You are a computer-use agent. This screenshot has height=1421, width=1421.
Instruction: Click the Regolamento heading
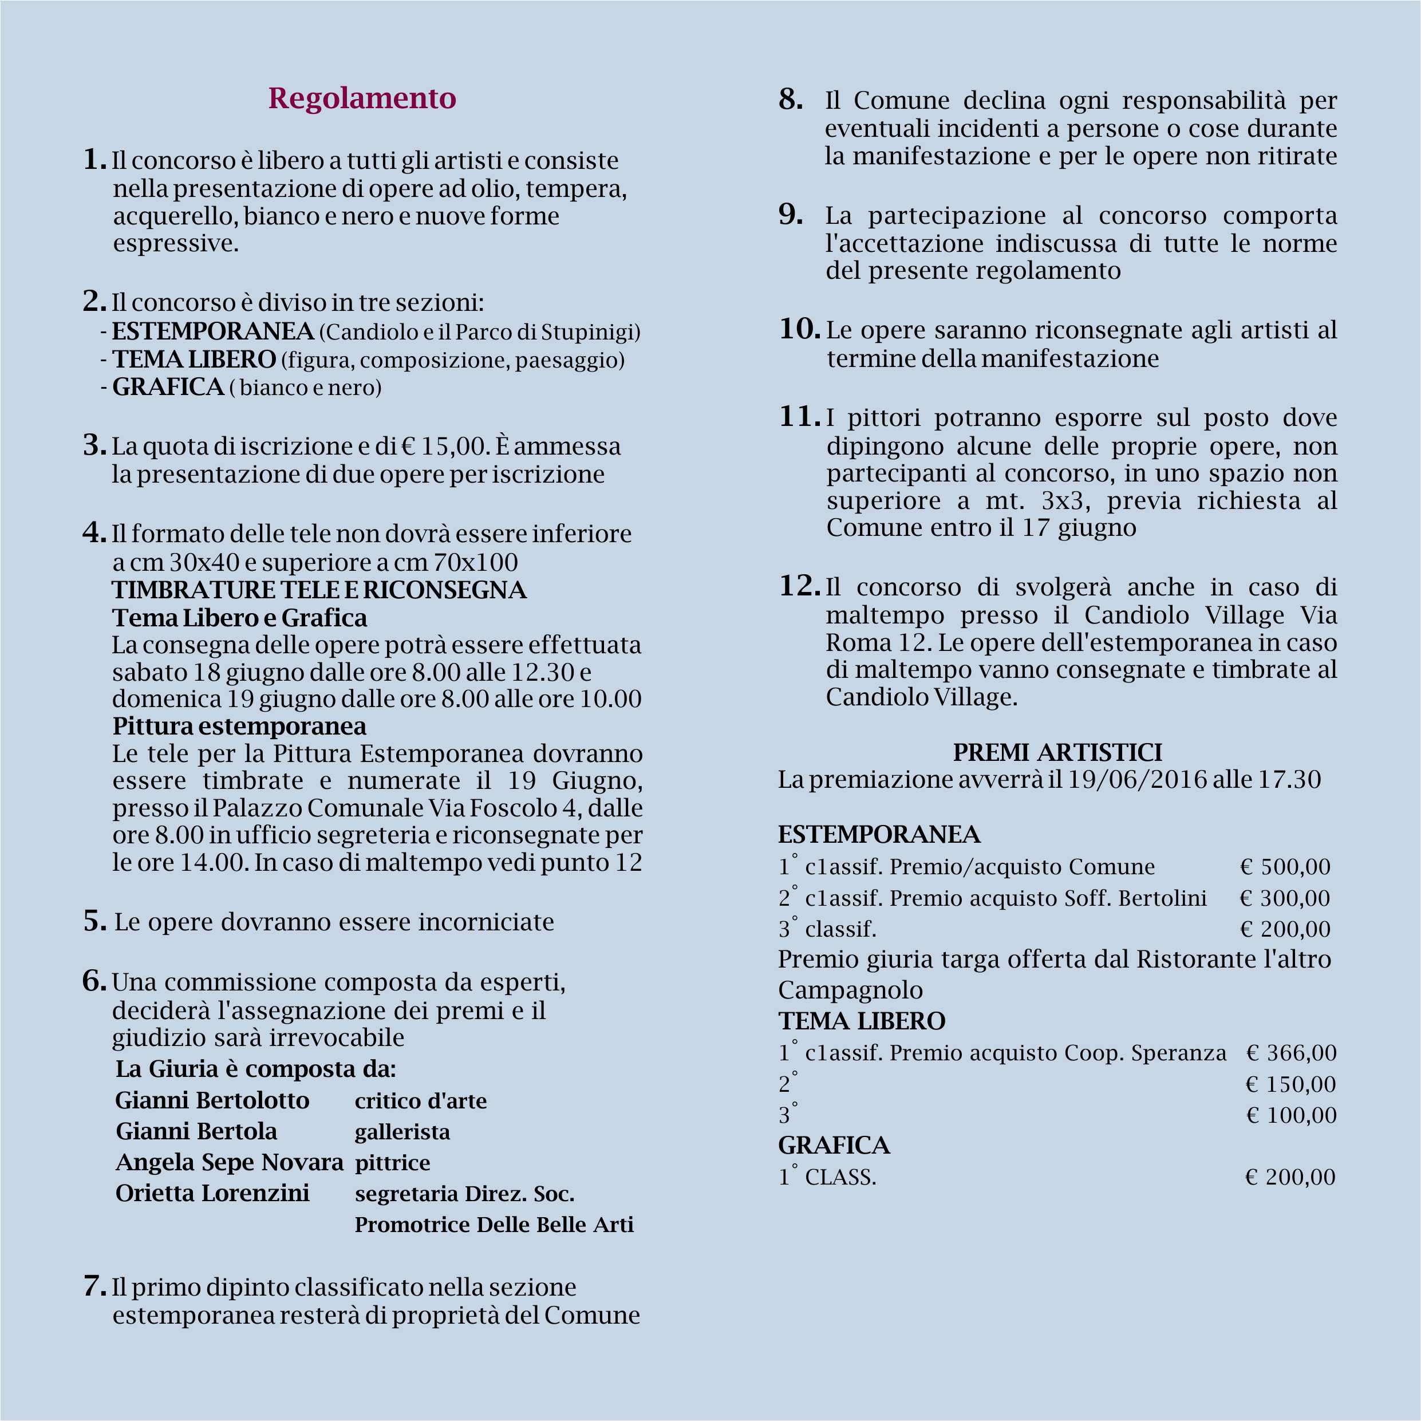click(362, 98)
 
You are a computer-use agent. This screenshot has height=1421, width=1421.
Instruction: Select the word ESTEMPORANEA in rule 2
click(212, 331)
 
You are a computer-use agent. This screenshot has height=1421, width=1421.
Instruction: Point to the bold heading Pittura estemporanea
click(239, 726)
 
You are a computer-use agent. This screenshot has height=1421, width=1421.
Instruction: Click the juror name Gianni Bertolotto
click(212, 1100)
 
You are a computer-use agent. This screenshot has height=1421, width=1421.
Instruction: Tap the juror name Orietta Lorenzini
click(212, 1193)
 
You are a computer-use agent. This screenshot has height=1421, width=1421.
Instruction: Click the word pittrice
click(392, 1162)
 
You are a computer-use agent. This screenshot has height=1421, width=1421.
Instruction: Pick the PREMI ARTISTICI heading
click(1057, 752)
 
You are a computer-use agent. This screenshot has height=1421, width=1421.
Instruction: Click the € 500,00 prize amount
click(1285, 867)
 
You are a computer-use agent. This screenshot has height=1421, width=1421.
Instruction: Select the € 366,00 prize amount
click(1291, 1053)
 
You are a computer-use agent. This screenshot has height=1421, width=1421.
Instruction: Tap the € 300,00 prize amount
click(1285, 898)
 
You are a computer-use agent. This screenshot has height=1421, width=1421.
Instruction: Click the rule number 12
click(799, 586)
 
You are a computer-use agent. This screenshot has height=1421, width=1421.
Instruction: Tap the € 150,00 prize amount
click(1291, 1084)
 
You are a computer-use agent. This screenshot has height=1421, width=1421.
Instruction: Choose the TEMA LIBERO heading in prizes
click(861, 1021)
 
